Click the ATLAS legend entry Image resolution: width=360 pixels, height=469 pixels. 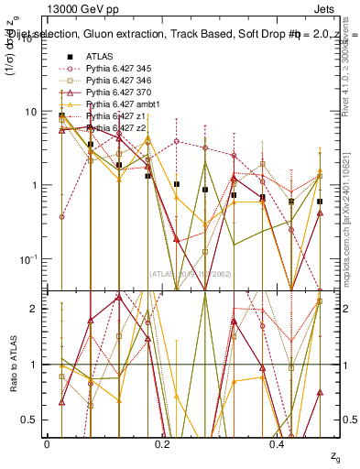[x=99, y=57]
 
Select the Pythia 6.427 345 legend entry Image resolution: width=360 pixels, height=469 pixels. [x=118, y=69]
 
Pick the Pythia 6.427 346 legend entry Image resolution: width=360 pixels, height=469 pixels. [x=118, y=81]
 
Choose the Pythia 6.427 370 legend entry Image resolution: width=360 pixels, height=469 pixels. [x=118, y=93]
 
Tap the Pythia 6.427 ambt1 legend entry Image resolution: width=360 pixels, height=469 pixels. [x=120, y=104]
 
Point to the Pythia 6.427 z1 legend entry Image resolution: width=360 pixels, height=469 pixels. [x=114, y=116]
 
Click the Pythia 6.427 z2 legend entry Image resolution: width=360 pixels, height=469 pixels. [x=114, y=128]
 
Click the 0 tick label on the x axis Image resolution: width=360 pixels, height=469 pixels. [x=47, y=443]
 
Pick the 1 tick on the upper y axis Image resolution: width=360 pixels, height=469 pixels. [x=34, y=185]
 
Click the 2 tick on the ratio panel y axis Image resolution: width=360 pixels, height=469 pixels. [x=34, y=309]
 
